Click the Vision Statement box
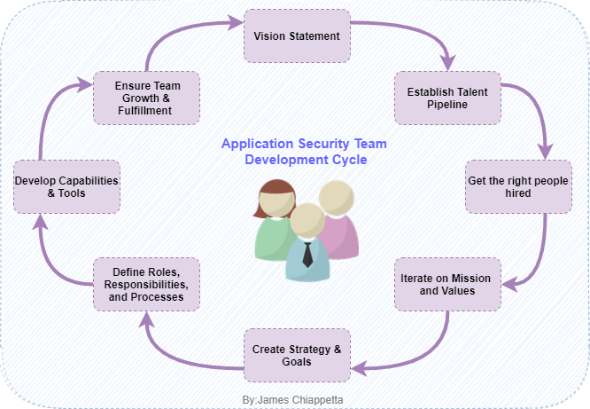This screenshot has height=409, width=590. (x=297, y=35)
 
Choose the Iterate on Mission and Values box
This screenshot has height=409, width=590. (x=447, y=284)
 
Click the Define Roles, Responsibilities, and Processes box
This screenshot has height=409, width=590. (x=146, y=284)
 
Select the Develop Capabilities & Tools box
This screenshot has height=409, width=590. (x=66, y=186)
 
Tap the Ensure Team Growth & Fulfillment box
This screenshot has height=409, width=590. (x=146, y=98)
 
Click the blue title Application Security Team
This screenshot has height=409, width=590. (x=304, y=144)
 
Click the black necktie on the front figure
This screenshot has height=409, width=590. (x=307, y=255)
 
